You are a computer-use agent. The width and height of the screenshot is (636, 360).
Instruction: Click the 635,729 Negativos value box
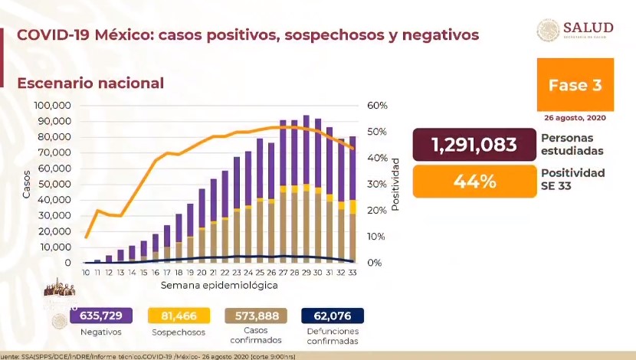click(101, 316)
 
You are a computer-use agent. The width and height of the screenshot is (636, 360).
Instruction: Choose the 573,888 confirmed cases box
click(255, 316)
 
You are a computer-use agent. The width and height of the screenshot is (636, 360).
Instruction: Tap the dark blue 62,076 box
click(332, 316)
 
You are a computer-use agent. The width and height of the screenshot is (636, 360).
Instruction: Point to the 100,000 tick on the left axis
click(53, 106)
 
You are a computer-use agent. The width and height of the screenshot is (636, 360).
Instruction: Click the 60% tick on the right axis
click(376, 106)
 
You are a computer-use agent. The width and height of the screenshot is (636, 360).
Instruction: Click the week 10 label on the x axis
click(86, 273)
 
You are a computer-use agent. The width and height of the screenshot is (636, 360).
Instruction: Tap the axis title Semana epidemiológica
click(219, 285)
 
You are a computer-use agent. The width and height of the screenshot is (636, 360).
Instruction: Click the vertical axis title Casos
click(26, 184)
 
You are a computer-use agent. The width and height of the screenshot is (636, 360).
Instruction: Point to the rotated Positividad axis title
click(395, 184)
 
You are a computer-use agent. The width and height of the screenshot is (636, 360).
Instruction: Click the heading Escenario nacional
click(90, 83)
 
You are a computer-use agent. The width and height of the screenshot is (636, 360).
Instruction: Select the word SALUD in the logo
click(588, 27)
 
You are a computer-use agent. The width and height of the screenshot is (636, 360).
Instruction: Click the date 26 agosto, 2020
click(575, 119)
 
